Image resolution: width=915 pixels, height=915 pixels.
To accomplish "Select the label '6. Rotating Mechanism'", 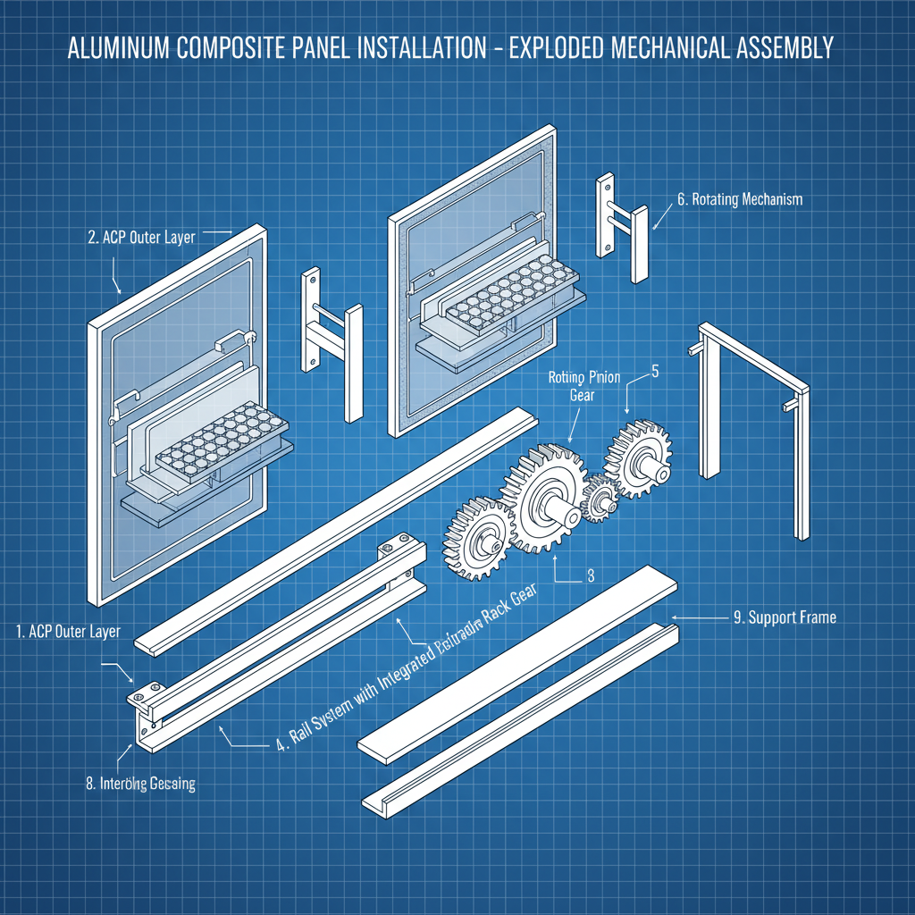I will click(740, 200).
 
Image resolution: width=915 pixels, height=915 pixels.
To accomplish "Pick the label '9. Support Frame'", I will click(785, 617).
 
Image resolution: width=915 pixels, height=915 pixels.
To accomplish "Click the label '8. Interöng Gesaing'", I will click(140, 784).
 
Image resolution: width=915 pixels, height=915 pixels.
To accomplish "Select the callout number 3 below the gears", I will click(590, 576).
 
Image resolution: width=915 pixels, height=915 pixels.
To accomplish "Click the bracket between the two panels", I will click(331, 344).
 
